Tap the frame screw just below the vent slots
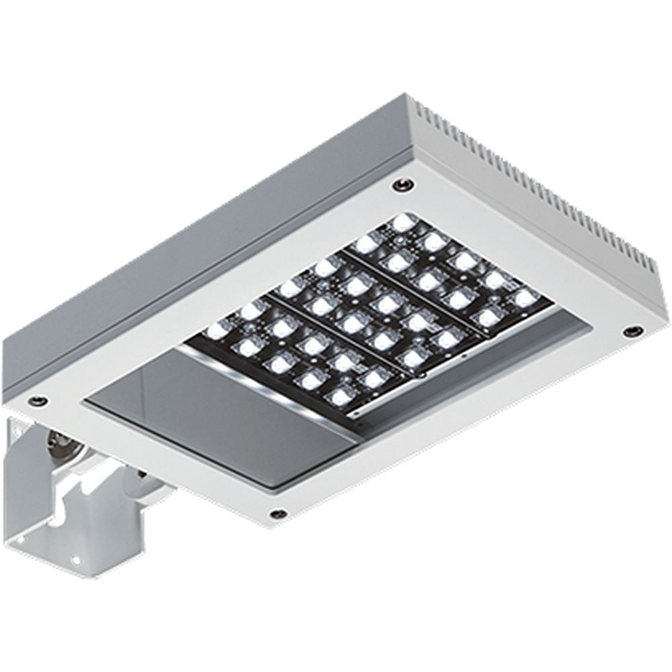click(631, 331)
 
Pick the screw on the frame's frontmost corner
click(277, 514)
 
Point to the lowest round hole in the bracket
click(75, 560)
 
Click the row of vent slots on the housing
click(538, 181)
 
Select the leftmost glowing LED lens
click(216, 330)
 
